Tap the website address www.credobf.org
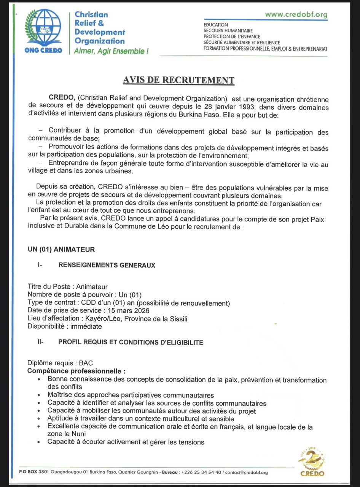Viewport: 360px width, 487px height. pyautogui.click(x=296, y=14)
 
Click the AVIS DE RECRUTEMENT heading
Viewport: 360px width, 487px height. pyautogui.click(x=178, y=80)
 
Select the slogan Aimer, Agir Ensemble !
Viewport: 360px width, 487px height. pyautogui.click(x=111, y=51)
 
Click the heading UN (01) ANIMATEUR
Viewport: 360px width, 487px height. pyautogui.click(x=61, y=250)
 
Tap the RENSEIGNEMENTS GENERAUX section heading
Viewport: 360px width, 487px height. pyautogui.click(x=107, y=265)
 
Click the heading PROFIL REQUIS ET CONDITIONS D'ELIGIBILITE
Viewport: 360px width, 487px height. pyautogui.click(x=131, y=342)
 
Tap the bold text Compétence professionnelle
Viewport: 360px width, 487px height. pyautogui.click(x=76, y=371)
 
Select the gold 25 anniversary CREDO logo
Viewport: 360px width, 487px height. pyautogui.click(x=312, y=462)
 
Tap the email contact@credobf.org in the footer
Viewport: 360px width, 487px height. pyautogui.click(x=247, y=473)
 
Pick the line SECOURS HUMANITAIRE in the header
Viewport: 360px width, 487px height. pyautogui.click(x=228, y=30)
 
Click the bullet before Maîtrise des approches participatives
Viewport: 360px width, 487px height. pyautogui.click(x=40, y=396)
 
